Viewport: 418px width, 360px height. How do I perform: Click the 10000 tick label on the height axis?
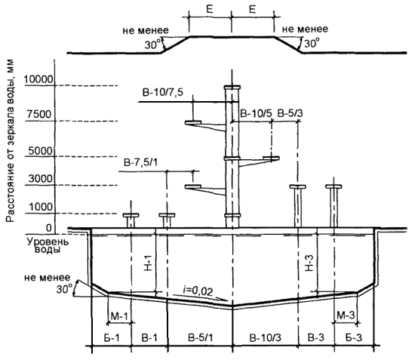tap(38, 79)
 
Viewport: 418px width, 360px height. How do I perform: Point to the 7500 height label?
tap(39, 115)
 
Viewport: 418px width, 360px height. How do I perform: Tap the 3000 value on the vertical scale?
tap(41, 178)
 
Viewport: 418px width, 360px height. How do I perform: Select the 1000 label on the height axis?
tap(41, 207)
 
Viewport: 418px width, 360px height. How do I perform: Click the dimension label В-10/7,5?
tap(163, 93)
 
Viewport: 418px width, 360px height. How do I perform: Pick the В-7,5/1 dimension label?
tap(140, 162)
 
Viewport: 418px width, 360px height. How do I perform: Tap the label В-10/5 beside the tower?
tap(256, 114)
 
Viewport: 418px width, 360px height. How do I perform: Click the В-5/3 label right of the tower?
tap(290, 114)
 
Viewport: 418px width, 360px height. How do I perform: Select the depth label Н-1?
tap(148, 263)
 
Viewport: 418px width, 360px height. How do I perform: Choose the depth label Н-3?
tap(309, 263)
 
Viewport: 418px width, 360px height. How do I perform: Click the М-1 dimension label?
tap(119, 316)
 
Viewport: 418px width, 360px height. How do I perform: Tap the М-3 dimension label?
tap(346, 315)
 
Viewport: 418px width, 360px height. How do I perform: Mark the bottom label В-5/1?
tap(201, 338)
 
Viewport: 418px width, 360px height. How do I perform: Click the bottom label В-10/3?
tap(266, 338)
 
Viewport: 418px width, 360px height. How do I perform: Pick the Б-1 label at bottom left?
tap(112, 338)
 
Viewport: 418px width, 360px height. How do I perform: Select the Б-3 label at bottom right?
tap(354, 338)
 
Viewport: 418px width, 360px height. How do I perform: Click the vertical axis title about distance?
tap(10, 141)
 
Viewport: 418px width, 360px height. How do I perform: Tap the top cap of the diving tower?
tap(232, 88)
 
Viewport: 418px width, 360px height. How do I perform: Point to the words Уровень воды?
tap(48, 245)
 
